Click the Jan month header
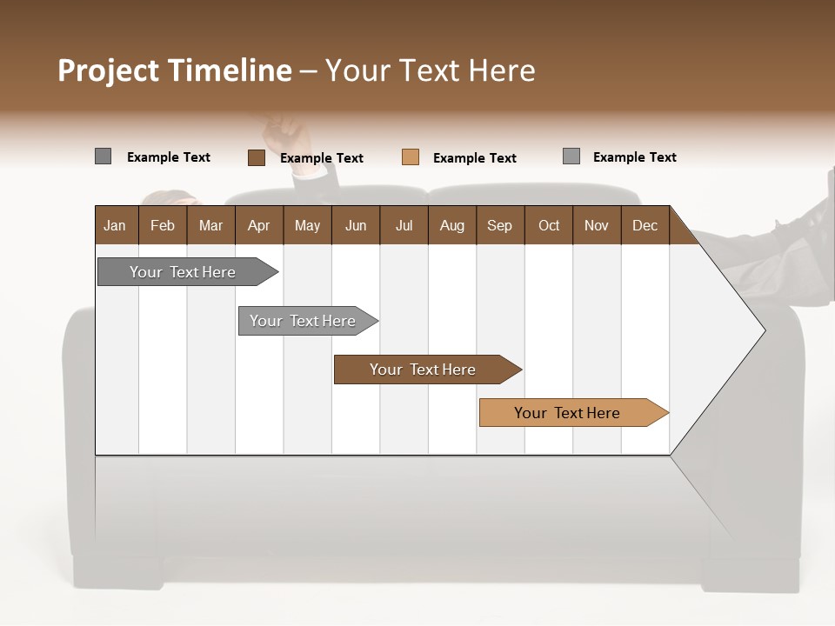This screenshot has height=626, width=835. click(115, 225)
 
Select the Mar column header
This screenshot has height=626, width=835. click(210, 225)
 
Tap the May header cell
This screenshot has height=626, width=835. click(307, 225)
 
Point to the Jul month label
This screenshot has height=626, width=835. click(404, 225)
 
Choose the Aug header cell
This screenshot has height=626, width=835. click(451, 225)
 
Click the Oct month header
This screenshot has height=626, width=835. click(549, 225)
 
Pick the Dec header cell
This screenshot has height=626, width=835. click(645, 225)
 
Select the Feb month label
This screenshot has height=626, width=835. click(163, 225)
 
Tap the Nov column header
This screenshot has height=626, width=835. click(596, 225)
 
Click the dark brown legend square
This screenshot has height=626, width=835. click(256, 157)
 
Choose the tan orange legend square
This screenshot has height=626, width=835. click(411, 157)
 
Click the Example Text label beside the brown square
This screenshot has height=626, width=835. click(321, 158)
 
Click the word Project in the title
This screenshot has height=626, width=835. click(109, 70)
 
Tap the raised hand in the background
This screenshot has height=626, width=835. click(286, 135)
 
